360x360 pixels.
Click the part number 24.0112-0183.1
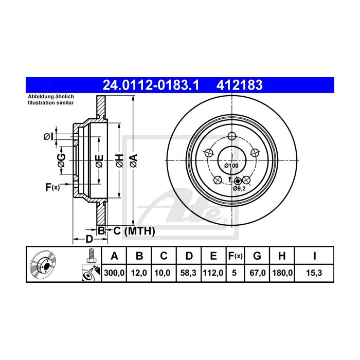(x=151, y=85)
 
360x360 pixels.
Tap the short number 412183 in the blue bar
(x=240, y=85)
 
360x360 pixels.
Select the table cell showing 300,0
(x=114, y=273)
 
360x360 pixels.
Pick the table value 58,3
(x=188, y=273)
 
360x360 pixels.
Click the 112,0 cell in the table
(x=213, y=273)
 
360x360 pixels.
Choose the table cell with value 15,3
(x=314, y=273)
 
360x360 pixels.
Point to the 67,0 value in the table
(x=257, y=273)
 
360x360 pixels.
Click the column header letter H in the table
(x=282, y=256)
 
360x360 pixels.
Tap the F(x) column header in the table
(x=235, y=256)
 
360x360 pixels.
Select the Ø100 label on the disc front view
(x=231, y=166)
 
